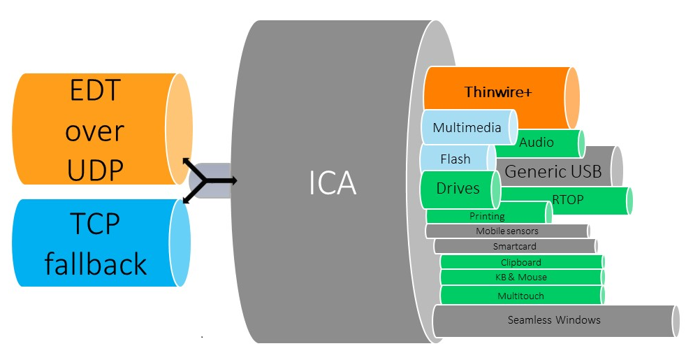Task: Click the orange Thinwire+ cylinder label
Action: (498, 92)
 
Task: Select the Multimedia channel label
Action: (467, 127)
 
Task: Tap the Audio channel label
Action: (537, 143)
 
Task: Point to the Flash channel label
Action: (455, 159)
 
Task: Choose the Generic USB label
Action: (553, 171)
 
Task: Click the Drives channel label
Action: (458, 189)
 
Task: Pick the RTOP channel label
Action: (567, 200)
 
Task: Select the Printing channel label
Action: (487, 216)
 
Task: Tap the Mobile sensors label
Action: (507, 231)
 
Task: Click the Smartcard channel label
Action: (514, 246)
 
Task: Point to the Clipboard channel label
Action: (520, 263)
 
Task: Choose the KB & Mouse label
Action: (520, 278)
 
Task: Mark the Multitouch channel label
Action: (520, 296)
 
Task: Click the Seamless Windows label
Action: (554, 320)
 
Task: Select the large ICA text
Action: (333, 184)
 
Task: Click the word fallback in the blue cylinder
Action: (96, 264)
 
